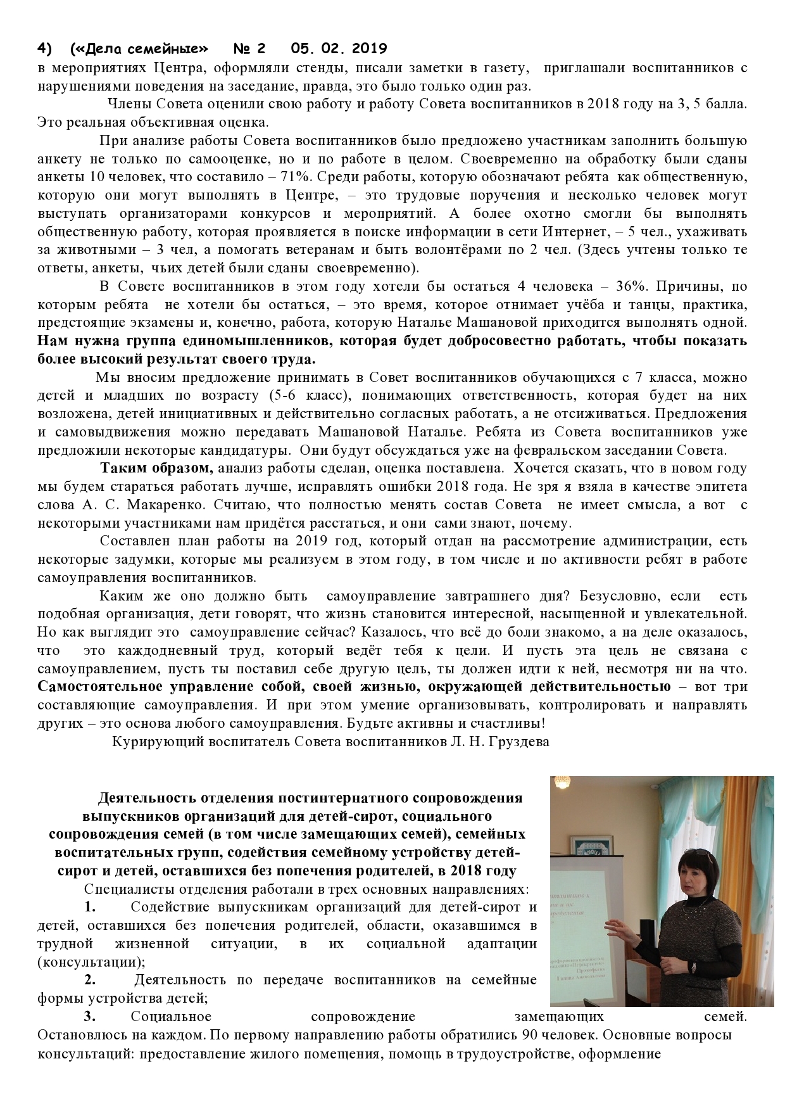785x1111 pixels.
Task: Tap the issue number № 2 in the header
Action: point(250,49)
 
